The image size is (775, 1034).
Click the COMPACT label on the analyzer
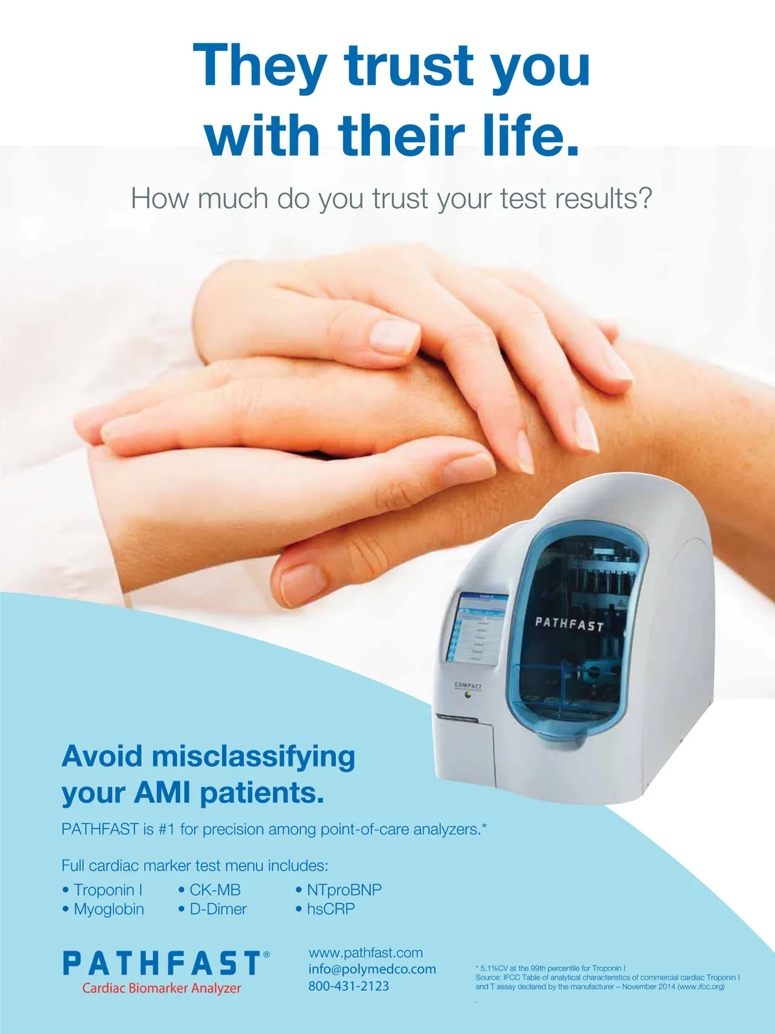pyautogui.click(x=468, y=685)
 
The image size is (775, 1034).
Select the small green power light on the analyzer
pyautogui.click(x=468, y=694)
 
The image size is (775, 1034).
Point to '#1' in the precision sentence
pyautogui.click(x=167, y=829)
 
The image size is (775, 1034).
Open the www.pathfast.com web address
pyautogui.click(x=366, y=953)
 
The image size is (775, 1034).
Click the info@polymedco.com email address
pyautogui.click(x=372, y=969)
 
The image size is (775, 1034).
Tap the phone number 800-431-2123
pyautogui.click(x=349, y=986)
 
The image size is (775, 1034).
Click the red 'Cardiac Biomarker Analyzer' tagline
pyautogui.click(x=161, y=988)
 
